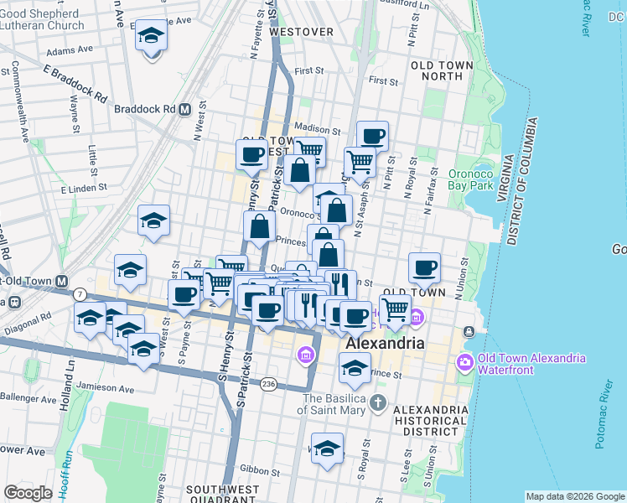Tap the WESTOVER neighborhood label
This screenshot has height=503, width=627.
301,32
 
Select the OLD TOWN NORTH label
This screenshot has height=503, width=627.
437,70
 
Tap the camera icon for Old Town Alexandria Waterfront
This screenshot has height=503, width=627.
465,362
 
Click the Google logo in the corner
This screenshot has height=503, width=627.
28,493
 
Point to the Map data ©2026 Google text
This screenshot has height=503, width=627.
574,496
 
